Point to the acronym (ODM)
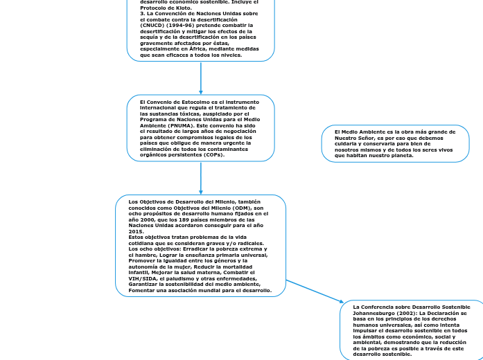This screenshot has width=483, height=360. coord(242,208)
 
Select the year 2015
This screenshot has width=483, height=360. coord(137,232)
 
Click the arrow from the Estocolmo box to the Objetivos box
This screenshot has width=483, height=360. coord(201,179)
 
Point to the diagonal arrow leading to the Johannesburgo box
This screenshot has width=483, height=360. coord(315,291)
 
